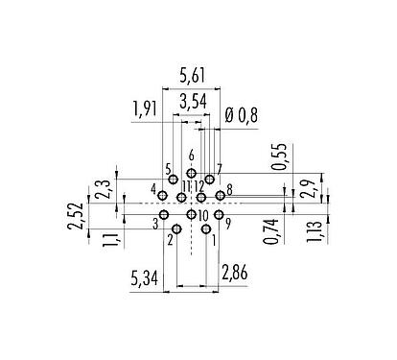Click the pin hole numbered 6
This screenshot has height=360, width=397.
(191, 173)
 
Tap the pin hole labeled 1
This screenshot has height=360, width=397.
(205, 229)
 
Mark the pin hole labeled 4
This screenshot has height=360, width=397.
(163, 196)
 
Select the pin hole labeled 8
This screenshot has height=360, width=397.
(220, 196)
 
